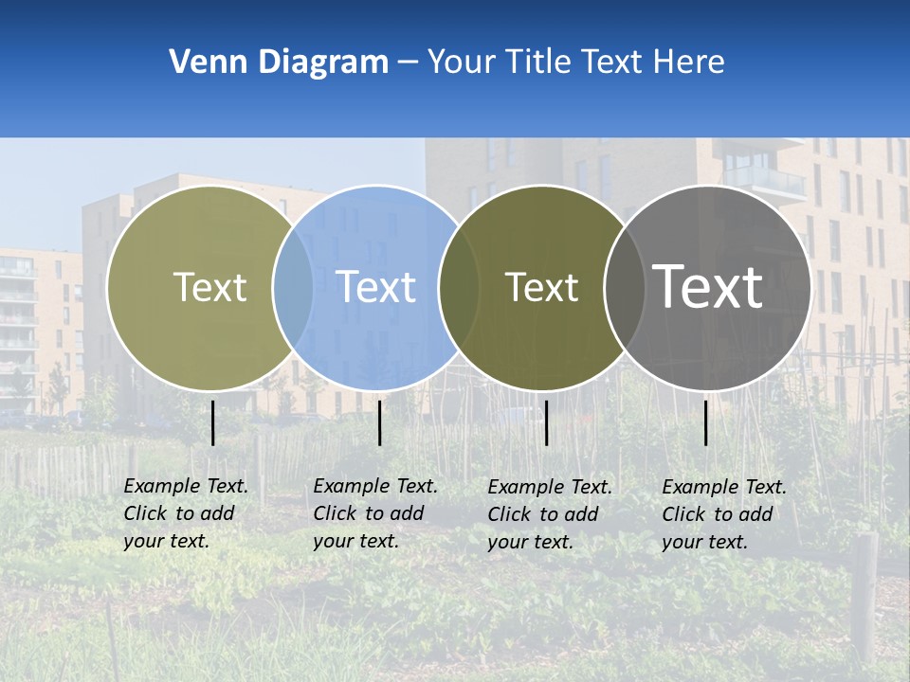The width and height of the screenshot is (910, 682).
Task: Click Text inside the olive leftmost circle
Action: [209, 287]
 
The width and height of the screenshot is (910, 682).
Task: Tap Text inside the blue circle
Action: [375, 287]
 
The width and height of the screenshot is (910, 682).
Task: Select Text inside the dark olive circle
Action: [541, 287]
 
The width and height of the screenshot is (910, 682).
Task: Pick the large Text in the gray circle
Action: [707, 286]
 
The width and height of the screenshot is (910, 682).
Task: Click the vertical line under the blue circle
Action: [379, 422]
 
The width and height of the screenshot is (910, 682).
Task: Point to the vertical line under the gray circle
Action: [706, 422]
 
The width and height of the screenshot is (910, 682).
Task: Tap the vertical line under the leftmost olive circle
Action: [213, 422]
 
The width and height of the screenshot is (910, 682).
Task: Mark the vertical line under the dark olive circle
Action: [547, 422]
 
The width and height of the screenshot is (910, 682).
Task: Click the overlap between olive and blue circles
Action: [293, 287]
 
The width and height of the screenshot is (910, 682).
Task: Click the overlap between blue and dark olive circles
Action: [459, 287]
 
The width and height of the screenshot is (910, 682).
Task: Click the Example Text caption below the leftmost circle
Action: [185, 513]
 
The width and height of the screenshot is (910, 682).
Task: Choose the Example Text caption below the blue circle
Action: [374, 513]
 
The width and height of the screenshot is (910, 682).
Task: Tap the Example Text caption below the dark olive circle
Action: [549, 514]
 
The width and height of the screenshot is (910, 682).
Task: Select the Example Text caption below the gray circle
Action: [723, 514]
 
